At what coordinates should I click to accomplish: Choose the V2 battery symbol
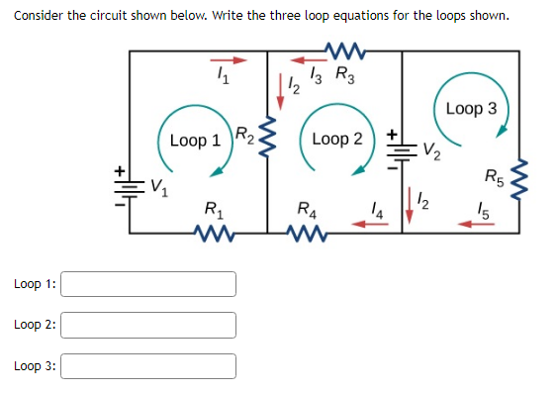click(402, 149)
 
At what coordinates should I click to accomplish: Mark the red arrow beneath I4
click(373, 224)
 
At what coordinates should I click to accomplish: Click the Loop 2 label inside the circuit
click(336, 140)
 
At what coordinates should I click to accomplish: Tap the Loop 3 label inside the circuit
click(472, 107)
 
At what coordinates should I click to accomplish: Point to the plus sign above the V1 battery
click(122, 170)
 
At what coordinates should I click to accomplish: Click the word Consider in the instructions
click(41, 15)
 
